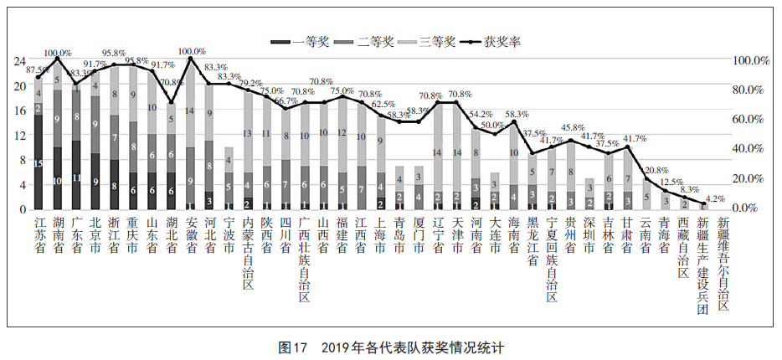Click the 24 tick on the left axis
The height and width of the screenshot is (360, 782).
[21, 61]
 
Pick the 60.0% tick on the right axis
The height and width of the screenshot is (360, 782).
[751, 120]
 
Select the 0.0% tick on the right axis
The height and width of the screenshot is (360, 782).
[754, 208]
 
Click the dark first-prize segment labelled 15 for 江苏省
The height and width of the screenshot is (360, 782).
[39, 162]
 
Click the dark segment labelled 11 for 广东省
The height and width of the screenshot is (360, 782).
[77, 177]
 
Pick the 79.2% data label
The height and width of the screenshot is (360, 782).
[249, 83]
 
